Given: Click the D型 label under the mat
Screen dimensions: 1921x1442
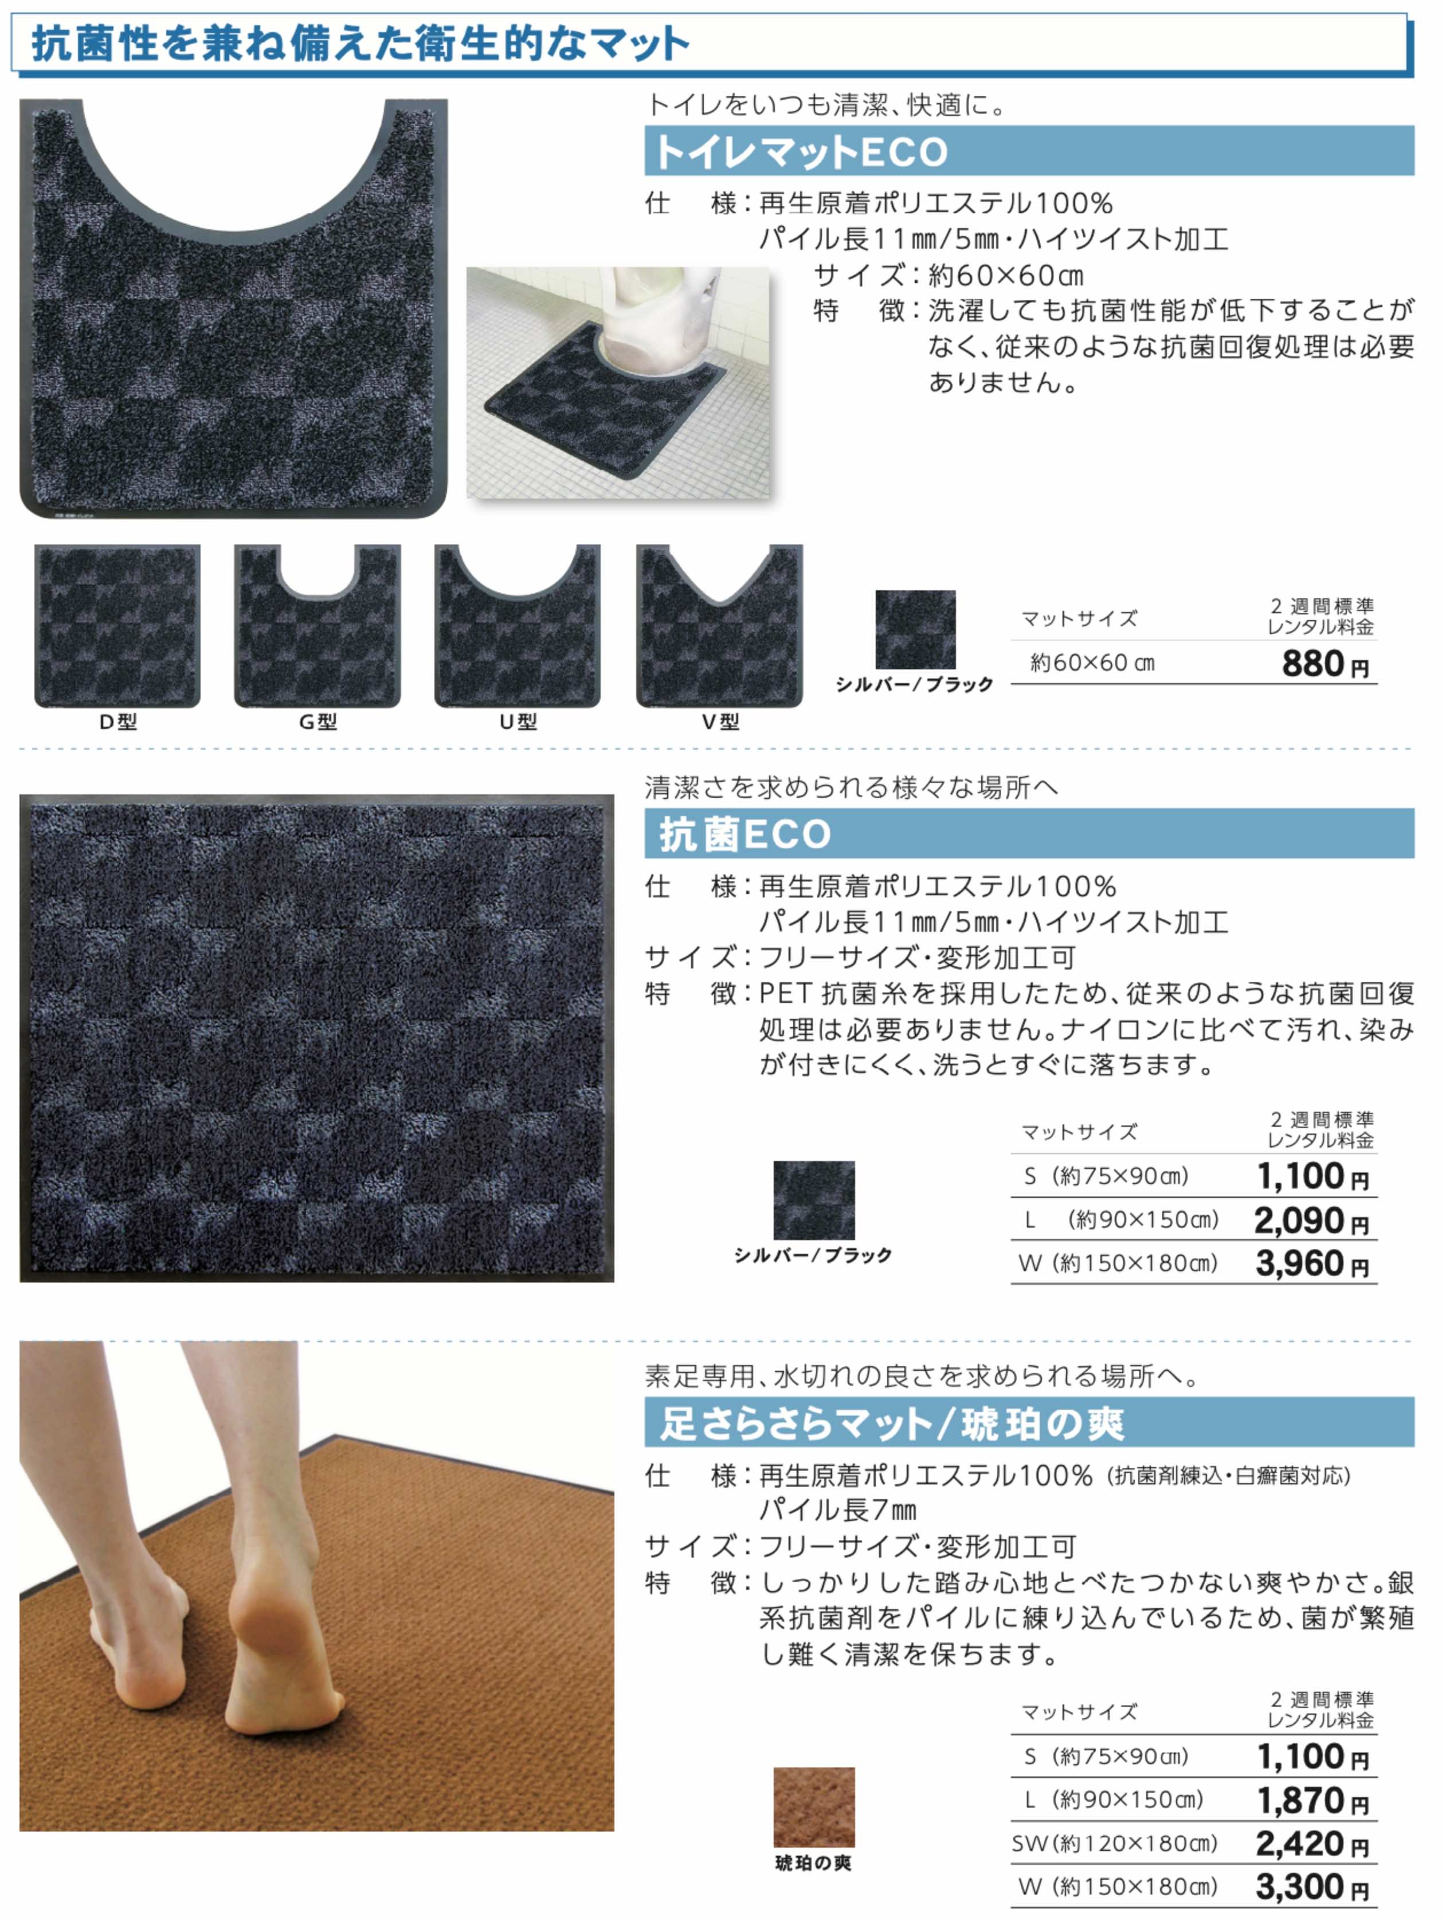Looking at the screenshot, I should (x=117, y=722).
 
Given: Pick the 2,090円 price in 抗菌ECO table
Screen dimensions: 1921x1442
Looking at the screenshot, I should (x=1312, y=1221).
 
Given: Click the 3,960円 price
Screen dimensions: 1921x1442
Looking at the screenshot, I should (x=1312, y=1264).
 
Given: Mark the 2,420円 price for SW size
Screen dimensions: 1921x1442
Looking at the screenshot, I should (x=1312, y=1844).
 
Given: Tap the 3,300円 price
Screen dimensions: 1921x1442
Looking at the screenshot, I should (x=1312, y=1887).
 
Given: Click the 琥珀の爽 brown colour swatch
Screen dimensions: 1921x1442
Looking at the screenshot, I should (x=813, y=1807).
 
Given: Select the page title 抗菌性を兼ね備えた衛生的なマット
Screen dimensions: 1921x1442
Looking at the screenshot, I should (x=360, y=44).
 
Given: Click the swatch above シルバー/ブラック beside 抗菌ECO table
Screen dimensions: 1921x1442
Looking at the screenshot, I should (x=813, y=1200).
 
